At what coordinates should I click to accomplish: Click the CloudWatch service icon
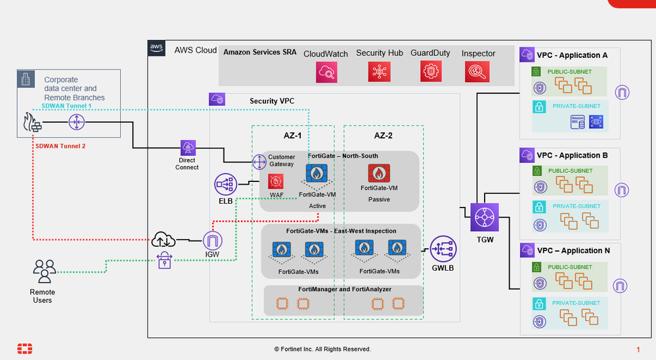coord(326,72)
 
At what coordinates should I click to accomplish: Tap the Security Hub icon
coord(379,72)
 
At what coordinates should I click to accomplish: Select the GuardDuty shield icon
coord(431,72)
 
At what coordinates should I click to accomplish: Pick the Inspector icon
coord(477,72)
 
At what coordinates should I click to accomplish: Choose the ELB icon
coord(225,185)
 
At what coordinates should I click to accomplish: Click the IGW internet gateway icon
coord(213,241)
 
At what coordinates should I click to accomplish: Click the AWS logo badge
coord(156,47)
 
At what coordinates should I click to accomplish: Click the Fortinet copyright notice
coord(322,349)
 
